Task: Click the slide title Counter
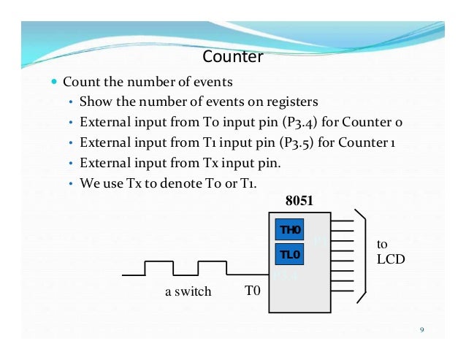tap(232, 56)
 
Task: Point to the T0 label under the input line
tap(252, 291)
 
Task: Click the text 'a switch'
tap(187, 291)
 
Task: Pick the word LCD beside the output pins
tap(390, 259)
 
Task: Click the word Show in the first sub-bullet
tap(94, 101)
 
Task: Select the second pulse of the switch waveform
tap(212, 267)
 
